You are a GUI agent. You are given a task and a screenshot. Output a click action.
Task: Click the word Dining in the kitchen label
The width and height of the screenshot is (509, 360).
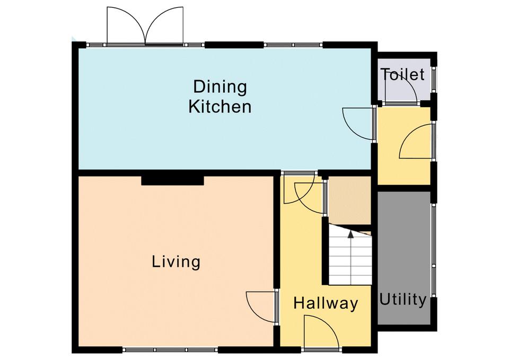[220, 87]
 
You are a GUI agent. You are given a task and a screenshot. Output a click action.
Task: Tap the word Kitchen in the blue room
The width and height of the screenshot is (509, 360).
[220, 107]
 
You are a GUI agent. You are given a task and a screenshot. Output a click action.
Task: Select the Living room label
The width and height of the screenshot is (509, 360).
[176, 261]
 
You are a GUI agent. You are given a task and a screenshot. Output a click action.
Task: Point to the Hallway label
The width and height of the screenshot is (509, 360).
[326, 303]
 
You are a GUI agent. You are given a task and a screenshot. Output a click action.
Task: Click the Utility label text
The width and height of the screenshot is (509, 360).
[403, 300]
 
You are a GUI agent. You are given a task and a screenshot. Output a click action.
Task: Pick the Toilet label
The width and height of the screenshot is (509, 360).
[402, 74]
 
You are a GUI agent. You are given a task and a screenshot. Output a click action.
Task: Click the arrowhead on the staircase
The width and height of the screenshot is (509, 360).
[350, 234]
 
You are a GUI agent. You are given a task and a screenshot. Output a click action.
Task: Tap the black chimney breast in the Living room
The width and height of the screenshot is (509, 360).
[172, 180]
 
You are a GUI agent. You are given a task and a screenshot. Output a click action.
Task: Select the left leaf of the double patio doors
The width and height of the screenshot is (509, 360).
[126, 25]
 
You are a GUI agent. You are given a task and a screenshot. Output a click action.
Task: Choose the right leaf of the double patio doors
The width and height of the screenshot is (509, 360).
[164, 25]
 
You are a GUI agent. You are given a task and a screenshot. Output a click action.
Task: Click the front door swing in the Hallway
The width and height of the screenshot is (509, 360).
[321, 332]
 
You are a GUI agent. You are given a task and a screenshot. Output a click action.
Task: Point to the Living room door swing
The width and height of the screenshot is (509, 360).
[261, 307]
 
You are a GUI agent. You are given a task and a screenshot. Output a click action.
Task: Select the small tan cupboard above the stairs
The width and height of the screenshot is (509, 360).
[349, 200]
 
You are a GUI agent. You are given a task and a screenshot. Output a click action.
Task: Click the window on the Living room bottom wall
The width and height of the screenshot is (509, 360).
[170, 350]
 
